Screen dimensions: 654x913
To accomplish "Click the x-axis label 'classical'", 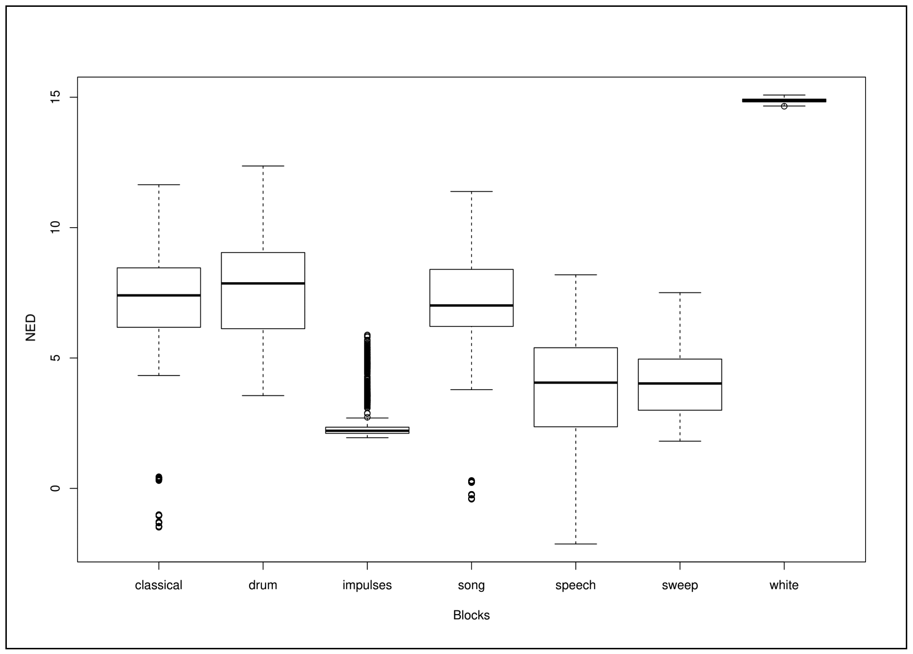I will coord(159,585).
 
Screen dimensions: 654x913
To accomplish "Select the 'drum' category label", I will coord(263,585).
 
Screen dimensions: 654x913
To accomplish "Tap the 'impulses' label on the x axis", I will coord(367,585).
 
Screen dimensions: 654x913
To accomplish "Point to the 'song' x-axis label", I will coord(471,585).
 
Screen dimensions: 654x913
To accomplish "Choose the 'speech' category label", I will coord(576,585).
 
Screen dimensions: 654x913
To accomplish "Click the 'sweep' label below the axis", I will coord(680,585).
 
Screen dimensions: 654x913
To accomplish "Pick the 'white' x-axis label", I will coord(784,585).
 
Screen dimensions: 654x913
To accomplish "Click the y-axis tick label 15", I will coord(55,97).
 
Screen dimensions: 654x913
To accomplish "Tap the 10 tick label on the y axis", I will coord(55,227).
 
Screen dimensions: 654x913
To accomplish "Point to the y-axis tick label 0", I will coord(55,488).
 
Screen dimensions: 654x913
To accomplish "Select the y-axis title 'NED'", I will coord(31,327).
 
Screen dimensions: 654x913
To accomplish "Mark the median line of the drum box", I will coord(263,283).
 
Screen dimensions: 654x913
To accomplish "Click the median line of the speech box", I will coord(576,382).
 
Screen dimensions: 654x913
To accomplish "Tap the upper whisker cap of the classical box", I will coord(159,185).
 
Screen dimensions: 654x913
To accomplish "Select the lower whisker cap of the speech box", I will coord(576,544).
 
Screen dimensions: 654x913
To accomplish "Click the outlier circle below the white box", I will coord(784,106).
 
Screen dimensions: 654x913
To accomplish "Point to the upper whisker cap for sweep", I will coord(680,293).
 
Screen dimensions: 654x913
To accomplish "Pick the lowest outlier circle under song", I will coord(471,499).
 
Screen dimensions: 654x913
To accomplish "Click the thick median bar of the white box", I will coord(784,101).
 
